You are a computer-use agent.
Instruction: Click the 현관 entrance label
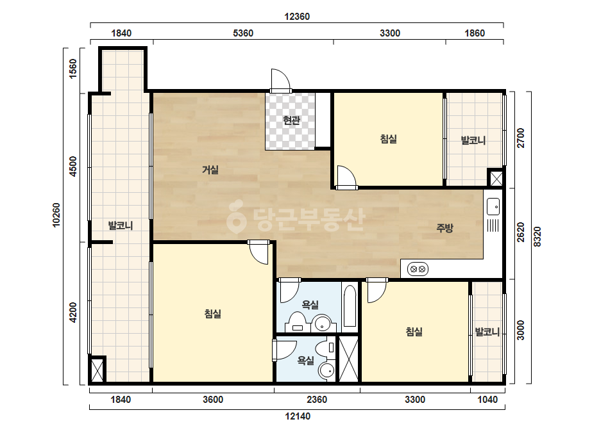click(x=291, y=120)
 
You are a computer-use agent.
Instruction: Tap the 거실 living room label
click(x=210, y=170)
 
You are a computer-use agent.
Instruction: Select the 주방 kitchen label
click(x=444, y=227)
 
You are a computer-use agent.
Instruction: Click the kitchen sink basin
click(x=493, y=207)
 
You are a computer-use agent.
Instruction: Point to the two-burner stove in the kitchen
click(x=418, y=269)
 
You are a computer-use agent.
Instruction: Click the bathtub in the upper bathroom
click(x=350, y=306)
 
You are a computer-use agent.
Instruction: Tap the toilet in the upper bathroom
click(x=298, y=322)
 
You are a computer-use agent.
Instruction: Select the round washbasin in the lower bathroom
click(x=326, y=371)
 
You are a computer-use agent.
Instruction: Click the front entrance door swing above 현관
click(x=280, y=80)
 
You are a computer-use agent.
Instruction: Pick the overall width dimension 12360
click(x=297, y=17)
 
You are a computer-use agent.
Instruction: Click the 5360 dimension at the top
click(x=243, y=33)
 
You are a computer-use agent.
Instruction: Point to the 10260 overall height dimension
click(x=56, y=215)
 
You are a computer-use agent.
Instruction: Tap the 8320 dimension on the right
click(x=537, y=237)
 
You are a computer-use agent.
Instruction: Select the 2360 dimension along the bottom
click(x=317, y=400)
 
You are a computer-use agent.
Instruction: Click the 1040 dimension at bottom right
click(x=487, y=400)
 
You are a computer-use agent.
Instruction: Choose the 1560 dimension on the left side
click(x=73, y=69)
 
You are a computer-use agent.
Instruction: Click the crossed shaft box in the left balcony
click(x=97, y=370)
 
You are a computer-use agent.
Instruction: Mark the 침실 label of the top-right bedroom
click(x=389, y=139)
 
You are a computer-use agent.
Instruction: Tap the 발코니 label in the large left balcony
click(x=121, y=225)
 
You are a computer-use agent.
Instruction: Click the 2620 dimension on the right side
click(x=521, y=233)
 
